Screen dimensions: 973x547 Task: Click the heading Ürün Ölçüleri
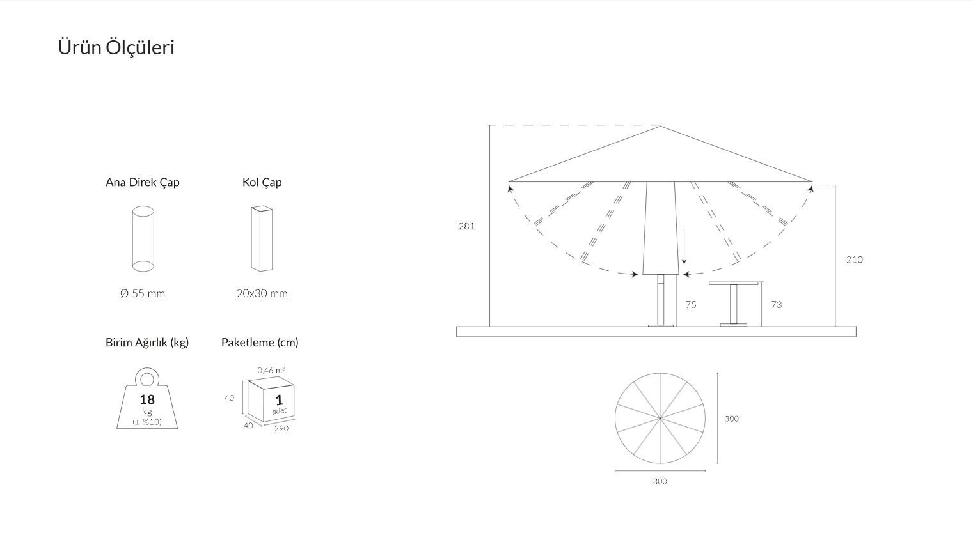click(x=116, y=47)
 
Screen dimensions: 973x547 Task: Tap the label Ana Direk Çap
click(x=143, y=182)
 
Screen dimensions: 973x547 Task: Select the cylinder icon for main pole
click(x=143, y=238)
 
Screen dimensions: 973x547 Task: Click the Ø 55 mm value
click(x=143, y=294)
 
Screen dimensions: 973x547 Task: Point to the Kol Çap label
click(x=262, y=182)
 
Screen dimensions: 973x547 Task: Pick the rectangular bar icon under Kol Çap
click(x=262, y=238)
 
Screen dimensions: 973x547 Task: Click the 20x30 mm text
click(x=262, y=294)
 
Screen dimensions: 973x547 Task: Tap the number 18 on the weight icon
click(x=147, y=399)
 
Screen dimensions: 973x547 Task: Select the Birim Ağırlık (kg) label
click(x=147, y=343)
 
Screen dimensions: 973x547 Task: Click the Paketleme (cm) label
click(x=260, y=343)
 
